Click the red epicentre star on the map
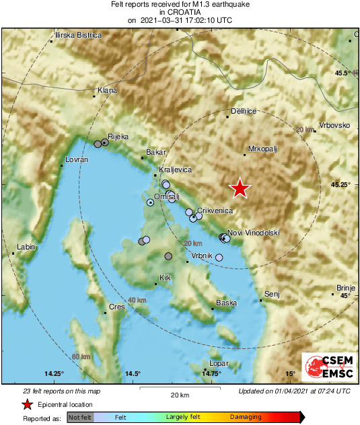[x=240, y=189]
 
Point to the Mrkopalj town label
[x=262, y=149]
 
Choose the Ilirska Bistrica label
[x=79, y=35]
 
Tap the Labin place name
[x=26, y=247]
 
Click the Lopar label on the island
[x=219, y=364]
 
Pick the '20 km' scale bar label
[x=179, y=394]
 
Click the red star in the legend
[x=27, y=405]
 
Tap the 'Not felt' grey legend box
[x=80, y=418]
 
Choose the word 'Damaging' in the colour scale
[x=246, y=418]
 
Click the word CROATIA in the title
[x=180, y=12]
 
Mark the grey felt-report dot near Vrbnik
[x=168, y=256]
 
